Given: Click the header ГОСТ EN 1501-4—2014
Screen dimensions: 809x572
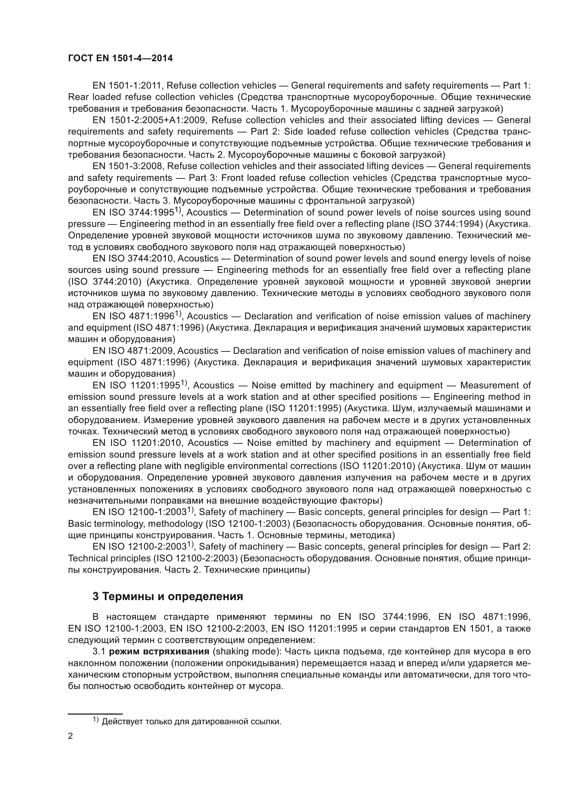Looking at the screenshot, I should (x=120, y=58).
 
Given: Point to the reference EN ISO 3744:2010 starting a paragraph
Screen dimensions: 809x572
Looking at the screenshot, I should (x=133, y=258).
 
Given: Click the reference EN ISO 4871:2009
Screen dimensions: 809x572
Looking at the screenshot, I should (x=133, y=351).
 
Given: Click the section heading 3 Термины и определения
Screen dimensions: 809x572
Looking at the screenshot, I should (x=168, y=597).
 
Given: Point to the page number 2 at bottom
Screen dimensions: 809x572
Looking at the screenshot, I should (x=71, y=735).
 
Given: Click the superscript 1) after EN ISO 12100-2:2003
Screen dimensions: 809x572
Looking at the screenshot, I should (x=191, y=545).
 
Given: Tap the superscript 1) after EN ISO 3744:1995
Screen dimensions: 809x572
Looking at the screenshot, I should (x=178, y=210).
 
